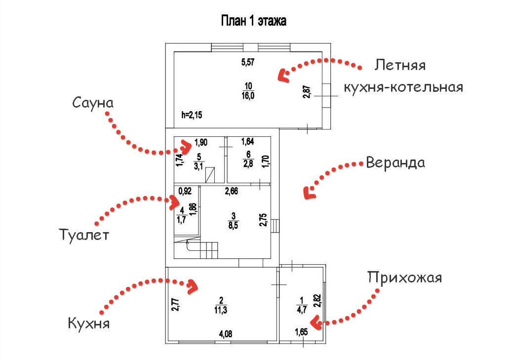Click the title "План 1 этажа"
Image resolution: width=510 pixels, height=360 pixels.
[253, 22]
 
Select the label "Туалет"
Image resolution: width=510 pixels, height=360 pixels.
[82, 234]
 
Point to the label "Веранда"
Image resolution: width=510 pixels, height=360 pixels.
[395, 163]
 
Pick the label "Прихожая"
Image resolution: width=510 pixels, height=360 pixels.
[404, 278]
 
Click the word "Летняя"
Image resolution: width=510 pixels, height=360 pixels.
[400, 65]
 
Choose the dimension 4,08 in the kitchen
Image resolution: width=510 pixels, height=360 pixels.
[225, 334]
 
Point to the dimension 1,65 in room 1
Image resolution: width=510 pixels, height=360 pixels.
[301, 331]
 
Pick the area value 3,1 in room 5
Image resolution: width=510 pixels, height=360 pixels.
[199, 165]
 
